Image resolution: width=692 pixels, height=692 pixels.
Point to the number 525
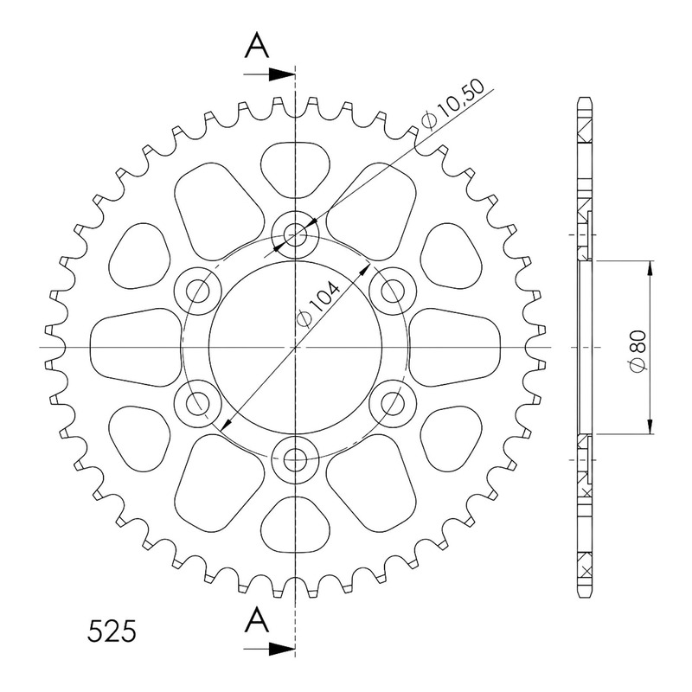[112, 631]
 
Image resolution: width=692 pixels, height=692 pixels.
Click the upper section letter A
[257, 47]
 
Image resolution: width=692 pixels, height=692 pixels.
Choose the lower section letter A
[257, 619]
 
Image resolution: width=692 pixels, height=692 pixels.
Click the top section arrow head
[282, 74]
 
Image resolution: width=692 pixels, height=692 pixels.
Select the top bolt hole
[295, 234]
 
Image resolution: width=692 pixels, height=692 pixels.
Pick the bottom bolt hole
[295, 461]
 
